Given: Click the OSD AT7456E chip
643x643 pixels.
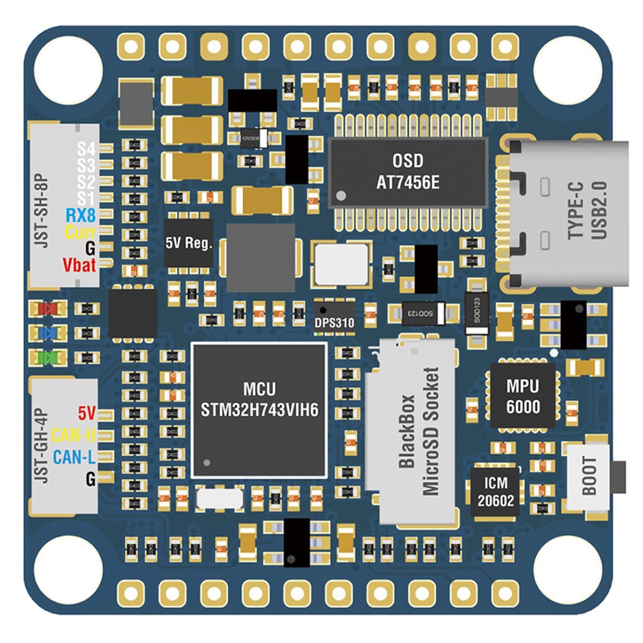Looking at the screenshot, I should [408, 171].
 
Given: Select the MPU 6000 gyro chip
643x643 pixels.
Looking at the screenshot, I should [523, 397].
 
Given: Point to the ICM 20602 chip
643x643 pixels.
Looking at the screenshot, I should [495, 491].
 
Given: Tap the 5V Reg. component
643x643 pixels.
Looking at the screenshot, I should [189, 243].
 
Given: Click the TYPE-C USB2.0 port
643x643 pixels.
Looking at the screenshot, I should [568, 212].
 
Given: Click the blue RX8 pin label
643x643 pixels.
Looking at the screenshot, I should [80, 216].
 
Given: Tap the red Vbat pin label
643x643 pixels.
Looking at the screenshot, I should [79, 265].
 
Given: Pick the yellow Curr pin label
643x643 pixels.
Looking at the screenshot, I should [80, 233].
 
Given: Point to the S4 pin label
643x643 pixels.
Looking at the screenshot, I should [86, 148].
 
